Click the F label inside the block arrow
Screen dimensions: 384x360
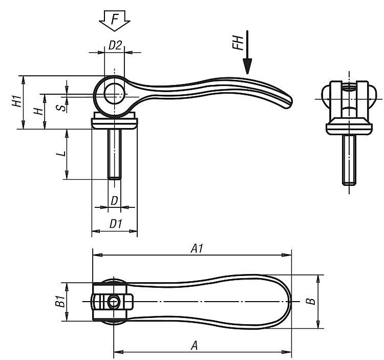coord(115,19)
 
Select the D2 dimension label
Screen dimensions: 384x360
coord(115,45)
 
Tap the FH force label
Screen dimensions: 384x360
coord(238,43)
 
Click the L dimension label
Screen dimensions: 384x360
coord(61,154)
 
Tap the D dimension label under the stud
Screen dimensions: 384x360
coord(114,201)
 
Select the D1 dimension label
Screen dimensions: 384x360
coord(115,224)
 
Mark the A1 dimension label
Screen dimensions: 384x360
coord(197,248)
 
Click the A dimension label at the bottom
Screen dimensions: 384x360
coord(194,346)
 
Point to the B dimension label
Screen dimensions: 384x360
coord(310,301)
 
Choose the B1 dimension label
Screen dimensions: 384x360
coord(60,301)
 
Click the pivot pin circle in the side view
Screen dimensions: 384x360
coord(114,93)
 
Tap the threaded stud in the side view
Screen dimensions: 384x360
coord(114,154)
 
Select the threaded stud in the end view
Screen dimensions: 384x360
coord(349,160)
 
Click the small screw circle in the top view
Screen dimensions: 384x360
coord(114,302)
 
